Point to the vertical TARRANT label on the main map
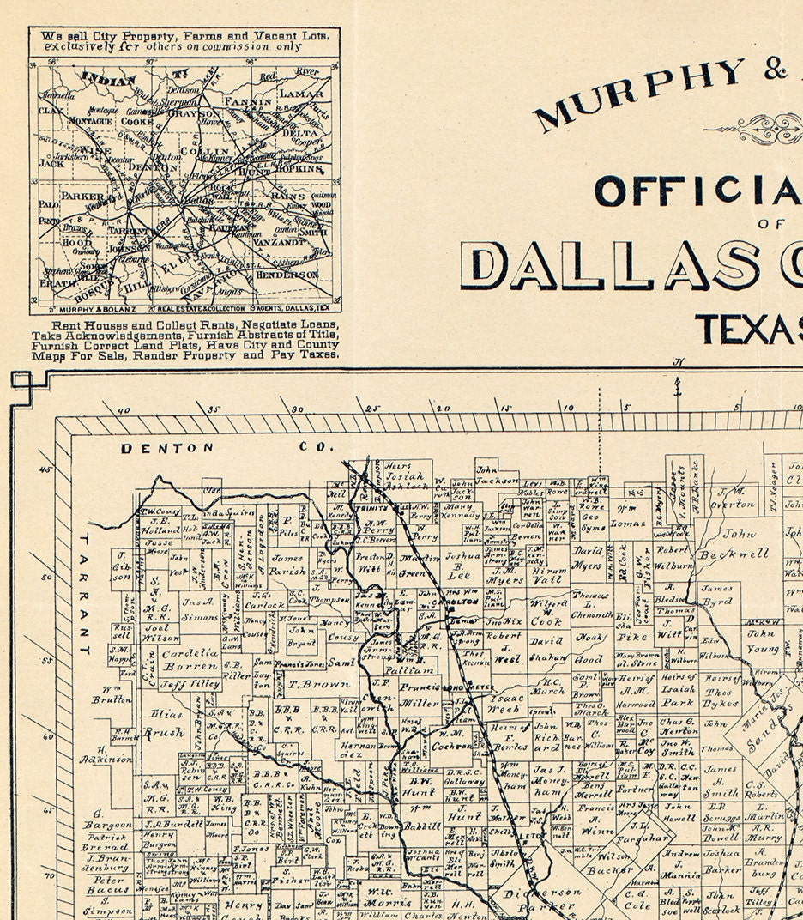84,592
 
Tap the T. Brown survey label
307,684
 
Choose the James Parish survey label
287,564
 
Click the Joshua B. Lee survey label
457,566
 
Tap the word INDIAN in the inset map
109,81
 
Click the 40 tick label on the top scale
124,410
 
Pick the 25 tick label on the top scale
372,409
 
